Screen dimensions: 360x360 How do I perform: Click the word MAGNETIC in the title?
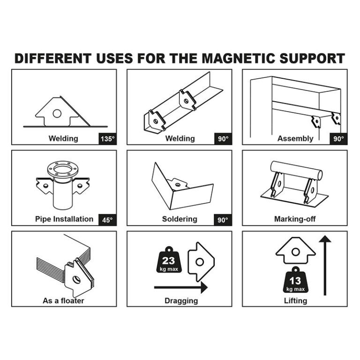point(239,58)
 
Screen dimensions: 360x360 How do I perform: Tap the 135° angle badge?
point(107,139)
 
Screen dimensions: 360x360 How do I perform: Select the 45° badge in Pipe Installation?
point(107,220)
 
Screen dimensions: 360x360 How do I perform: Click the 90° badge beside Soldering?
point(223,220)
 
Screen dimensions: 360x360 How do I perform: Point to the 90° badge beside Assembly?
point(338,139)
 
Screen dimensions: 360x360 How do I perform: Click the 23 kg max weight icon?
point(169,260)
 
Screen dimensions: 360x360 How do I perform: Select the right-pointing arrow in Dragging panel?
point(181,287)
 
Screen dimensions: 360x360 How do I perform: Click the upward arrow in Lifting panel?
point(325,265)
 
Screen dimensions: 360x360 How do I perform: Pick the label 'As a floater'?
point(63,300)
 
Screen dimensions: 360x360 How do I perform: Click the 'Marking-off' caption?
point(295,219)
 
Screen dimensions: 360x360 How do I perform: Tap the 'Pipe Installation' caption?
point(64,219)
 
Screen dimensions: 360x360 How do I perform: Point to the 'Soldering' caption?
point(180,219)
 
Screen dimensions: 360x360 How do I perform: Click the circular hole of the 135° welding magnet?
point(57,113)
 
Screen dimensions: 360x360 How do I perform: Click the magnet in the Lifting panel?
point(295,251)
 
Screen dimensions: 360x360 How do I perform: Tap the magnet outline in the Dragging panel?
point(201,262)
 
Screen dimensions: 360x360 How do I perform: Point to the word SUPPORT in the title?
point(312,58)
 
